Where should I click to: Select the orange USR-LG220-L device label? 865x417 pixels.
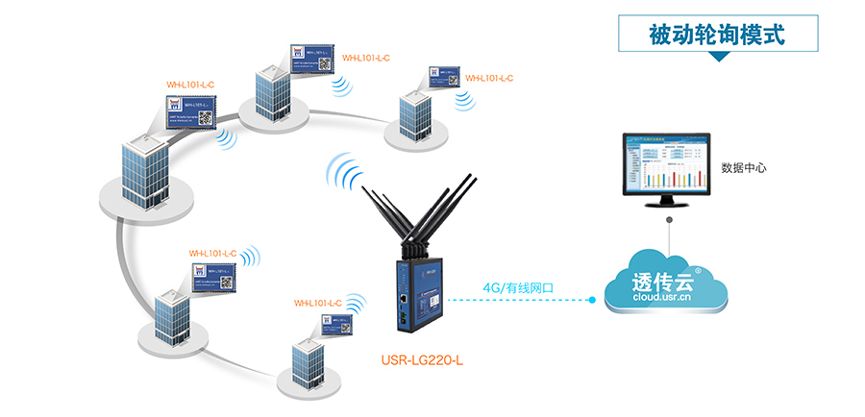point(423,362)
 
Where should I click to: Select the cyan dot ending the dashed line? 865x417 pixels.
point(593,301)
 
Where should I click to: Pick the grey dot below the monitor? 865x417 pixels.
point(669,219)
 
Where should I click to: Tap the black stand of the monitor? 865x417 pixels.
point(668,204)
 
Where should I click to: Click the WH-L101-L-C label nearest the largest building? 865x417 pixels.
point(190,85)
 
